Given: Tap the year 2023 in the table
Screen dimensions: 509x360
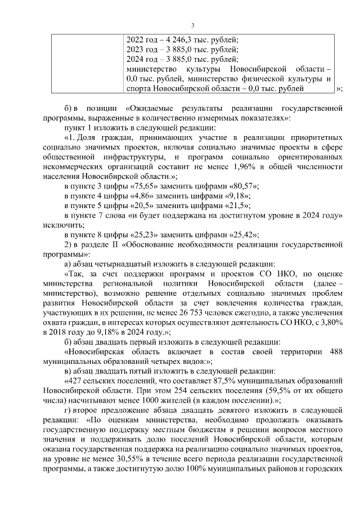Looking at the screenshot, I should click(x=137, y=49).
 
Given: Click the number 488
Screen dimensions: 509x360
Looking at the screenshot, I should click(x=334, y=352).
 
